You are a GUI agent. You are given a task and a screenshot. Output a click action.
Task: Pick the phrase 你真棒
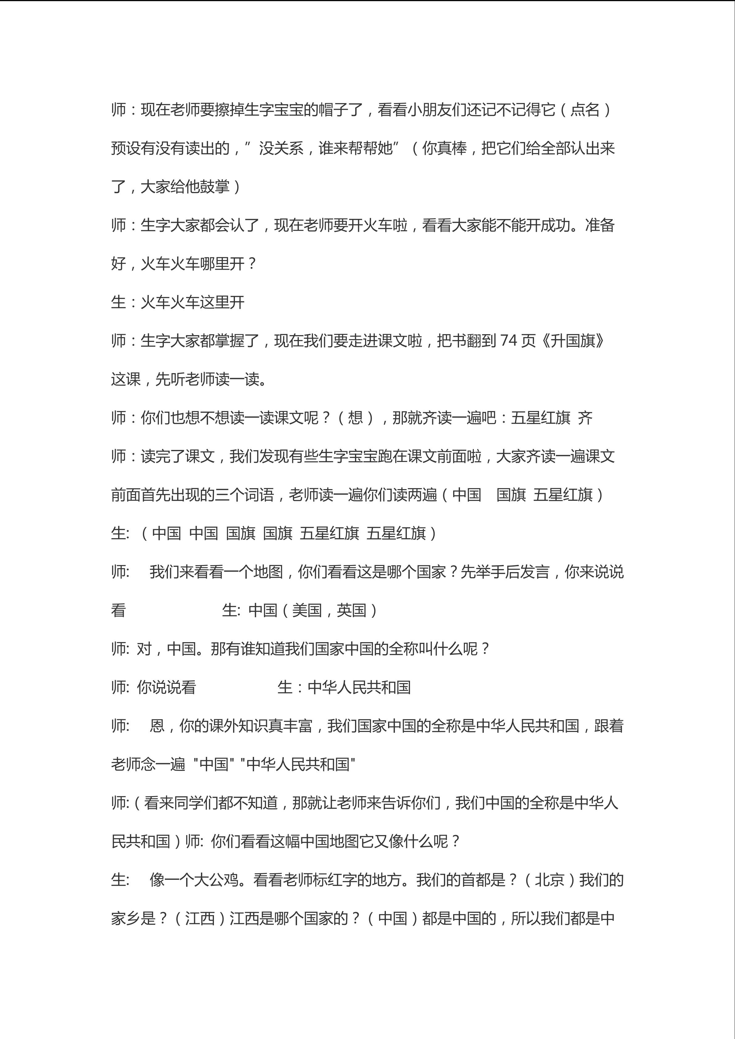pyautogui.click(x=444, y=148)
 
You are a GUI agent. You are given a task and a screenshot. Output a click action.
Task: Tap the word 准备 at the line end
pyautogui.click(x=600, y=225)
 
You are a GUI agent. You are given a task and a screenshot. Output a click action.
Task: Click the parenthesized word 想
pyautogui.click(x=355, y=417)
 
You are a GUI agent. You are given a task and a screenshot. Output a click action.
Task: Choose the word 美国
pyautogui.click(x=307, y=610)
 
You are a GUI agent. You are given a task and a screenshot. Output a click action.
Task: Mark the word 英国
pyautogui.click(x=351, y=610)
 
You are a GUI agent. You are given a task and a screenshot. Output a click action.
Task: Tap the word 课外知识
pyautogui.click(x=239, y=726)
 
